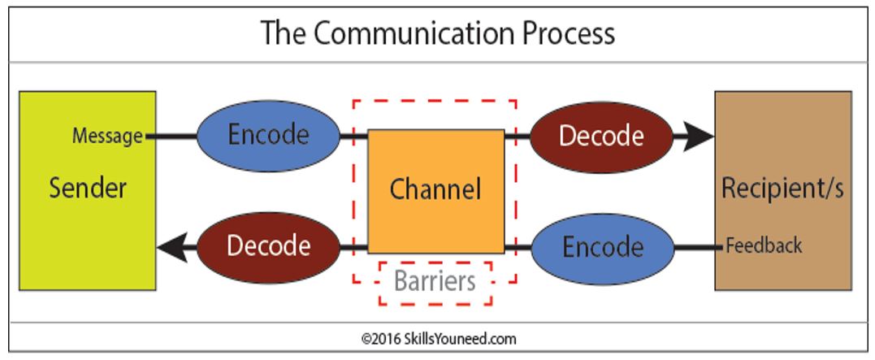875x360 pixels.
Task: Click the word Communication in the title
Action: tap(410, 33)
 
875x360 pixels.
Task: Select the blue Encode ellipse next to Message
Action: tap(268, 136)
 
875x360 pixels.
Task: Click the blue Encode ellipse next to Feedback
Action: tap(603, 245)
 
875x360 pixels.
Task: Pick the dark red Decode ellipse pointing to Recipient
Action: tap(601, 136)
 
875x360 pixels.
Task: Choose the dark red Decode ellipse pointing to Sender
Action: tap(268, 245)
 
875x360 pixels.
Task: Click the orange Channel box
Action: tap(435, 163)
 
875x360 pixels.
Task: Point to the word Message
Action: tap(107, 137)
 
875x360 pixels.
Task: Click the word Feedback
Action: tap(764, 245)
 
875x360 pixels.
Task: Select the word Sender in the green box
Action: tap(88, 189)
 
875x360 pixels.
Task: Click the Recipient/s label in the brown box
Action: tap(782, 189)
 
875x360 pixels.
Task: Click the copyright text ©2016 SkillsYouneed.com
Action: tap(439, 338)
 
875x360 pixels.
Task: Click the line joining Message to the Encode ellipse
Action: tap(171, 137)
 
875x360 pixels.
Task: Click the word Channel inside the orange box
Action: tap(435, 189)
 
